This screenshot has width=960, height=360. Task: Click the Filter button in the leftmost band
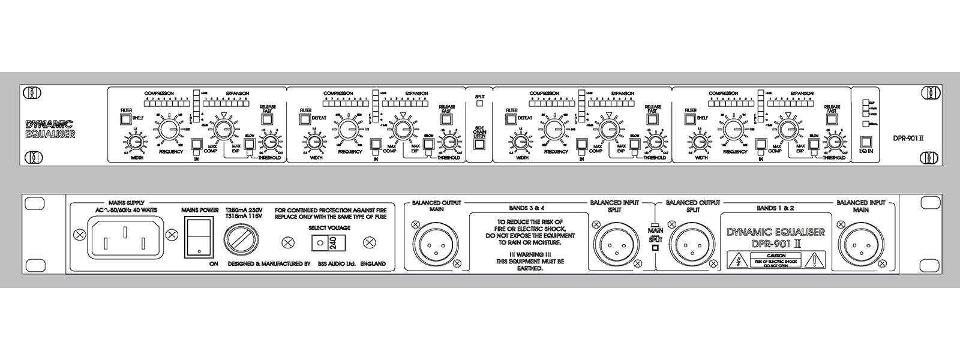pyautogui.click(x=125, y=119)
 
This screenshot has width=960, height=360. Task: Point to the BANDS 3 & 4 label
pyautogui.click(x=521, y=206)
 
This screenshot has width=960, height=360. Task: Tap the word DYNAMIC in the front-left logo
pyautogui.click(x=49, y=124)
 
